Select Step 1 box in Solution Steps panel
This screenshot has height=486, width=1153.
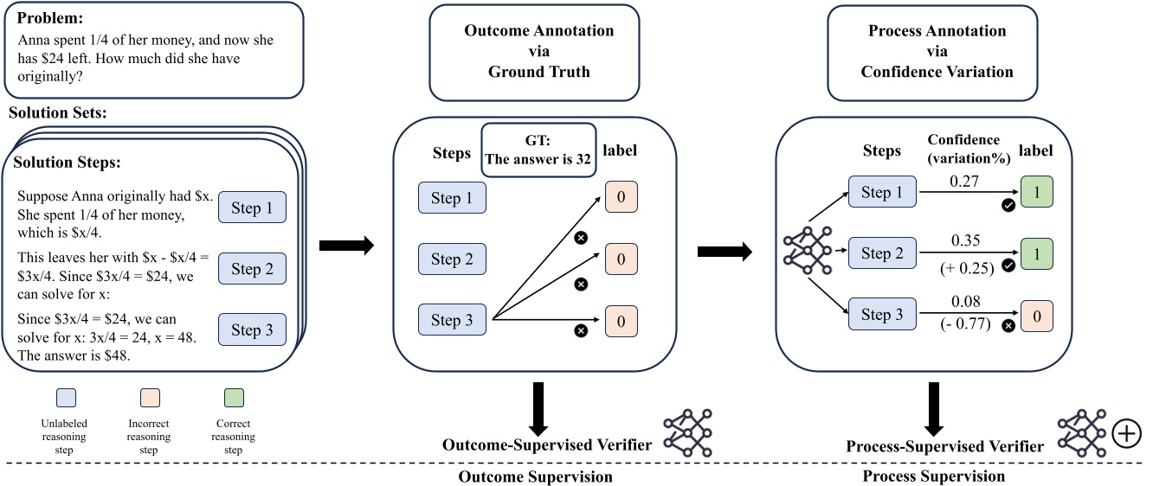click(x=252, y=208)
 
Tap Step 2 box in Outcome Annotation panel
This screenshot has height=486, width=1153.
click(x=452, y=259)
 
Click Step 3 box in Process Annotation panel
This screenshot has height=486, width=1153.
click(x=882, y=315)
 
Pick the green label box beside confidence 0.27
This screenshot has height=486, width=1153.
click(x=1038, y=193)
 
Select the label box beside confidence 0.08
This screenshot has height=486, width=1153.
click(x=1038, y=315)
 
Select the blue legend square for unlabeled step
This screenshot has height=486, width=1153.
click(x=66, y=398)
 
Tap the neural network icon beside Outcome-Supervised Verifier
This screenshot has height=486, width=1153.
click(x=689, y=434)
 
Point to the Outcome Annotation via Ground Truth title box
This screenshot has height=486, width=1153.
click(x=538, y=51)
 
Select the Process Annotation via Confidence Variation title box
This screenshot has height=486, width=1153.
click(x=937, y=51)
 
